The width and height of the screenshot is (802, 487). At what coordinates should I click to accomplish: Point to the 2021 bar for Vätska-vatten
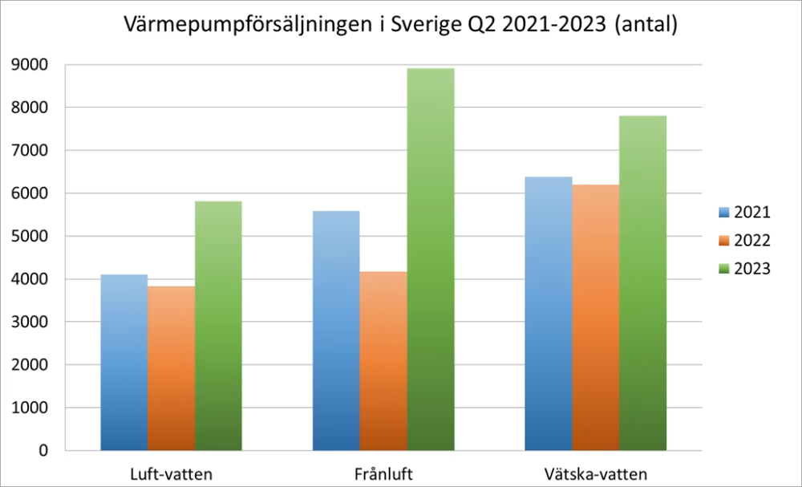point(549,313)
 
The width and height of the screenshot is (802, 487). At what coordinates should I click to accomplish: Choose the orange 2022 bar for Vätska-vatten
point(596,317)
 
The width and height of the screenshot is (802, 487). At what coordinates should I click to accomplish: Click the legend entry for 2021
point(744,213)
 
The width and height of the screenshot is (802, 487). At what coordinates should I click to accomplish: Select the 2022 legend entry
point(744,241)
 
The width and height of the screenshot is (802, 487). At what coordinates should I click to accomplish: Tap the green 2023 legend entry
point(744,269)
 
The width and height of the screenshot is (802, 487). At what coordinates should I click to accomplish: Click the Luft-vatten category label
point(171,473)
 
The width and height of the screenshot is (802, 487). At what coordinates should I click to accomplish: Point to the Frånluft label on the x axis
point(383,473)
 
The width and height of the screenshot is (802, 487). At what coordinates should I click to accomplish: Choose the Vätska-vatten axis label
point(596,473)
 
